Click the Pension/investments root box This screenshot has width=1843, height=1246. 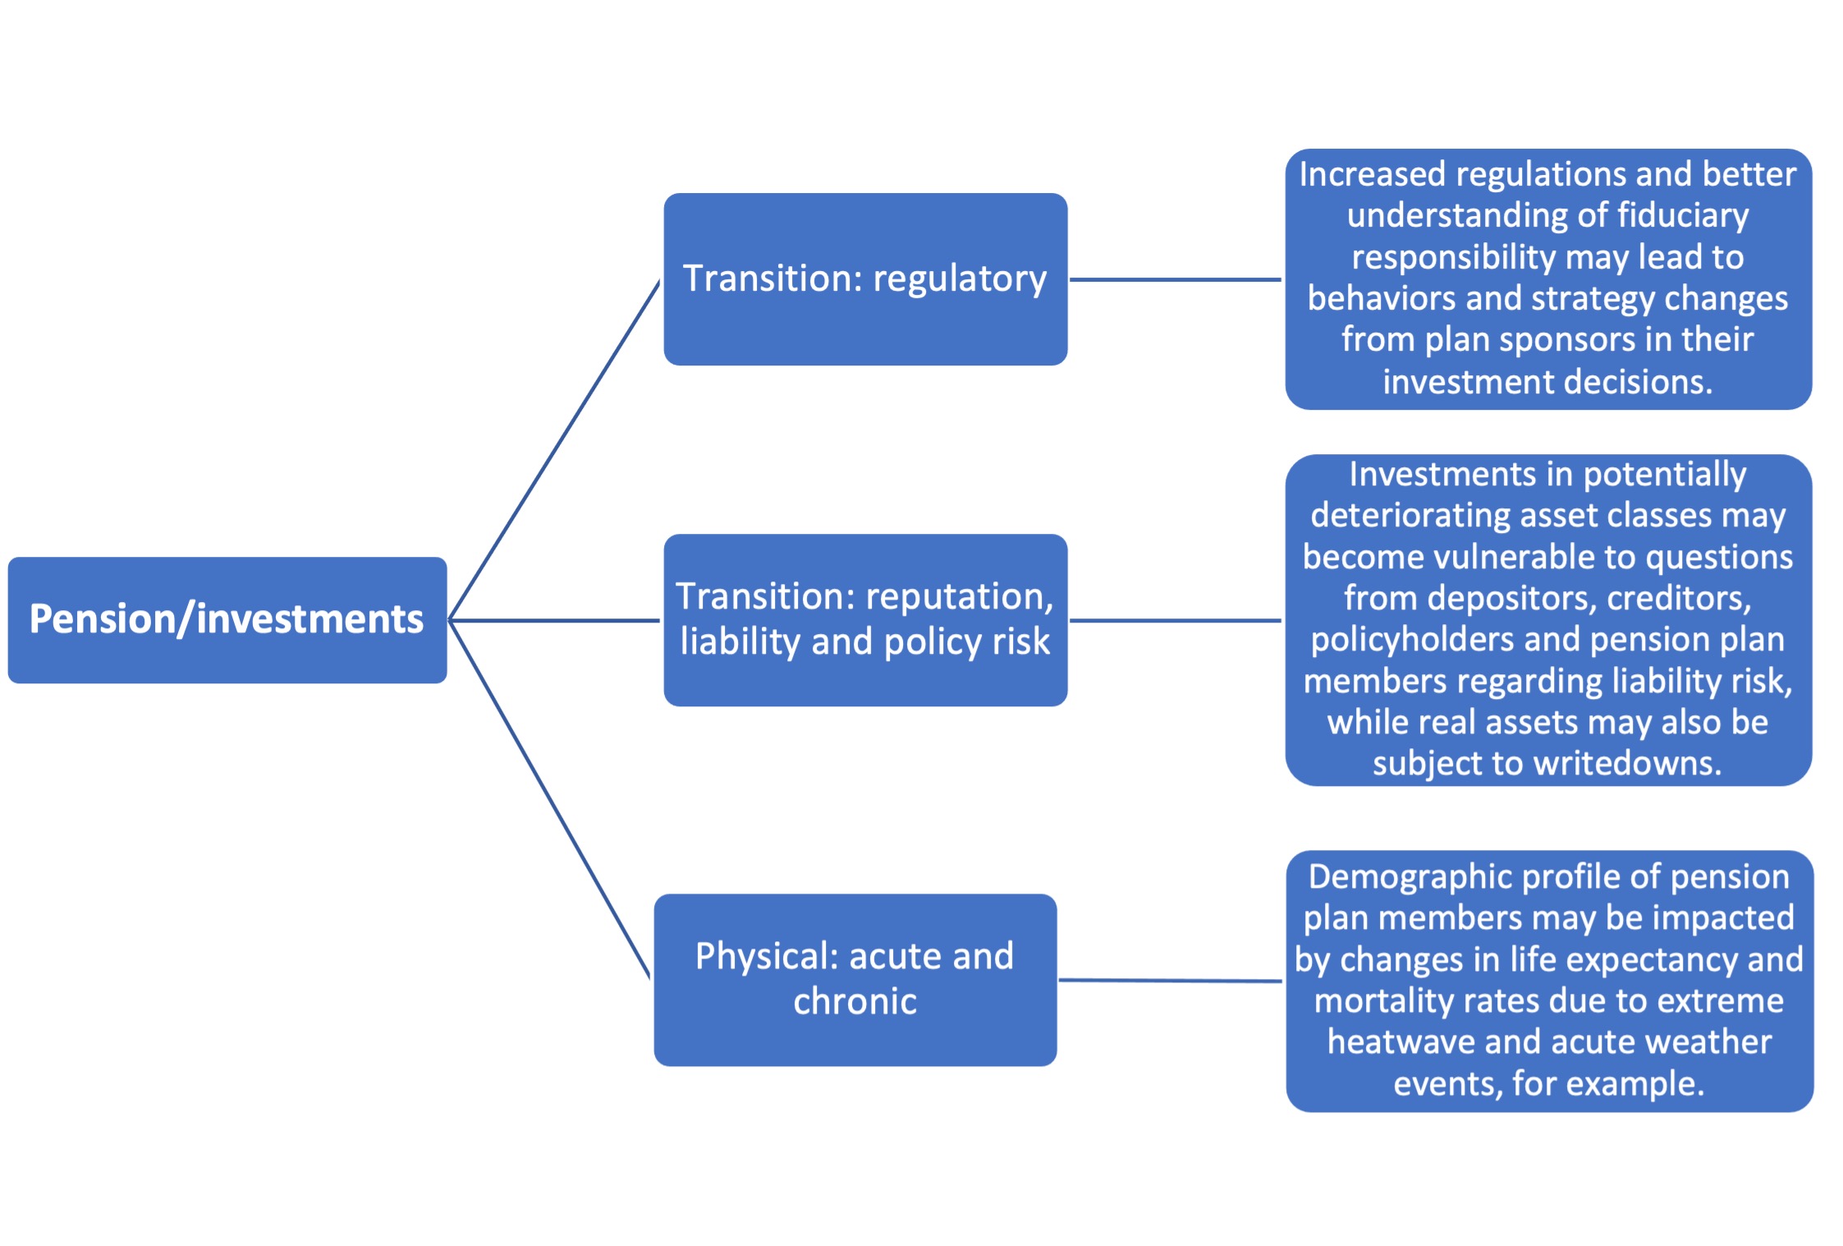[227, 620]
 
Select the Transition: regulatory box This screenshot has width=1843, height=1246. [865, 279]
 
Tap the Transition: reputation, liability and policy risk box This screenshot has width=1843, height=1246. [865, 620]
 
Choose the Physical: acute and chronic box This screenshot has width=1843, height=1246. [855, 980]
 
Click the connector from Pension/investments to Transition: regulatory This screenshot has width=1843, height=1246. [555, 450]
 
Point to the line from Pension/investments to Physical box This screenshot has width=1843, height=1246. [550, 799]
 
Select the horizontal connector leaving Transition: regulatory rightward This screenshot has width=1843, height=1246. [1176, 279]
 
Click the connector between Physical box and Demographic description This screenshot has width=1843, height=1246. [1171, 980]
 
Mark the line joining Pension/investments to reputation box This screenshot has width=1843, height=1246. [555, 620]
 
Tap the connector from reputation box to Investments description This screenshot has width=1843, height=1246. [1176, 620]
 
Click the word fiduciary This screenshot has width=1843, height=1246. [1683, 216]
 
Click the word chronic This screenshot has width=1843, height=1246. [855, 1002]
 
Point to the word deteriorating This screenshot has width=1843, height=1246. [1412, 516]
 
